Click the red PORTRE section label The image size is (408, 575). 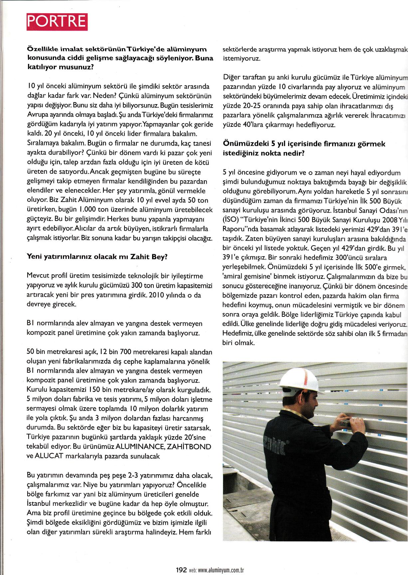coord(57,22)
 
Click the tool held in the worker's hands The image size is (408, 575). coord(345,423)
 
